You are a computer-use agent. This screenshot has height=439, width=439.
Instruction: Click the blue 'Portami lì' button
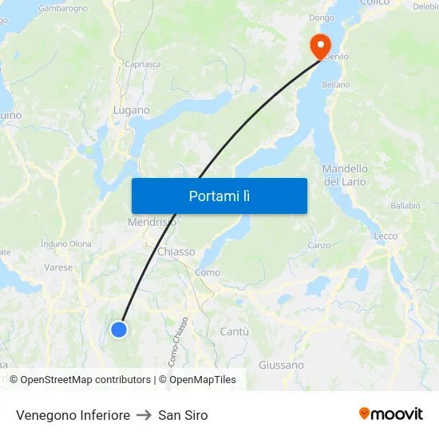219,196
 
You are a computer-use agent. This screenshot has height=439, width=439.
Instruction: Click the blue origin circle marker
119,329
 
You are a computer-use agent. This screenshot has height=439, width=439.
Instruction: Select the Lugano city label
132,110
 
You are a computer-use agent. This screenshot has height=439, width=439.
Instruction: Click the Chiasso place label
176,251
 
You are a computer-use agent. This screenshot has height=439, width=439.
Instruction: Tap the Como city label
208,272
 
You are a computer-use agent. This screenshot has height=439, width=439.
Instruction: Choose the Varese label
58,267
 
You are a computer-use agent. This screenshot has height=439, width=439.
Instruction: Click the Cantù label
234,331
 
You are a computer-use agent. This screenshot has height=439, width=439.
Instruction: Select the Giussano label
281,365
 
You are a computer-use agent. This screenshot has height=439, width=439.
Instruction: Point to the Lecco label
386,236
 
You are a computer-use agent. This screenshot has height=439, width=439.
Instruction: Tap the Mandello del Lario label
345,175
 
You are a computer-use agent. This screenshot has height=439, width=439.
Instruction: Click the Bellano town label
336,85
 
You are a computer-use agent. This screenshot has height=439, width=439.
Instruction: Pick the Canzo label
319,245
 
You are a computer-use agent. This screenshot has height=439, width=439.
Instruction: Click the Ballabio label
405,206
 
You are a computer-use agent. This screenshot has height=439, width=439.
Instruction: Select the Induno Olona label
66,243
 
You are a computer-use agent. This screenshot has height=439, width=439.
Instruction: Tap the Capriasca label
142,65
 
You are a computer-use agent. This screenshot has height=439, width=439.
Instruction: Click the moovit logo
391,413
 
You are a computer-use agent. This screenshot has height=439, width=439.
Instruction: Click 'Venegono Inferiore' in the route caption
73,415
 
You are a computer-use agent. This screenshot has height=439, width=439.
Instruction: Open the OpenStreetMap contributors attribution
85,380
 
